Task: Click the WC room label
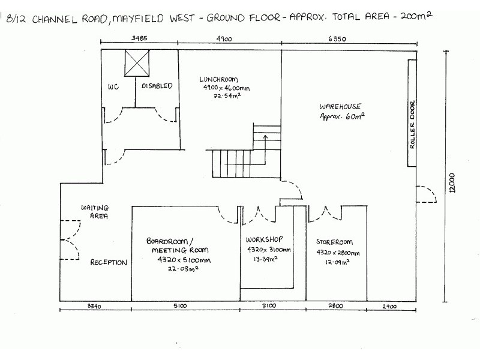pyautogui.click(x=113, y=86)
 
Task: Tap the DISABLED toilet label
pyautogui.click(x=157, y=86)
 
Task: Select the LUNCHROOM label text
pyautogui.click(x=220, y=79)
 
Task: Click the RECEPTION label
pyautogui.click(x=109, y=262)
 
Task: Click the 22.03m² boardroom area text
pyautogui.click(x=184, y=269)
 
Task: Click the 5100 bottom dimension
pyautogui.click(x=180, y=306)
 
